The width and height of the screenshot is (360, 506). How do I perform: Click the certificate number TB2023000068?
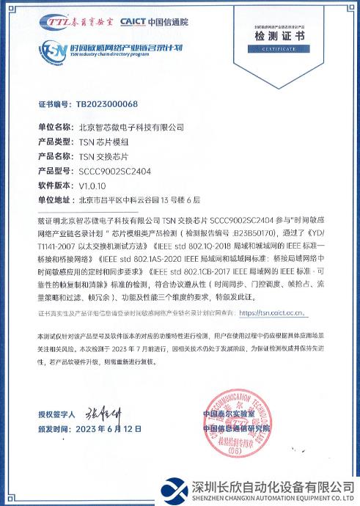[x=107, y=105]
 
